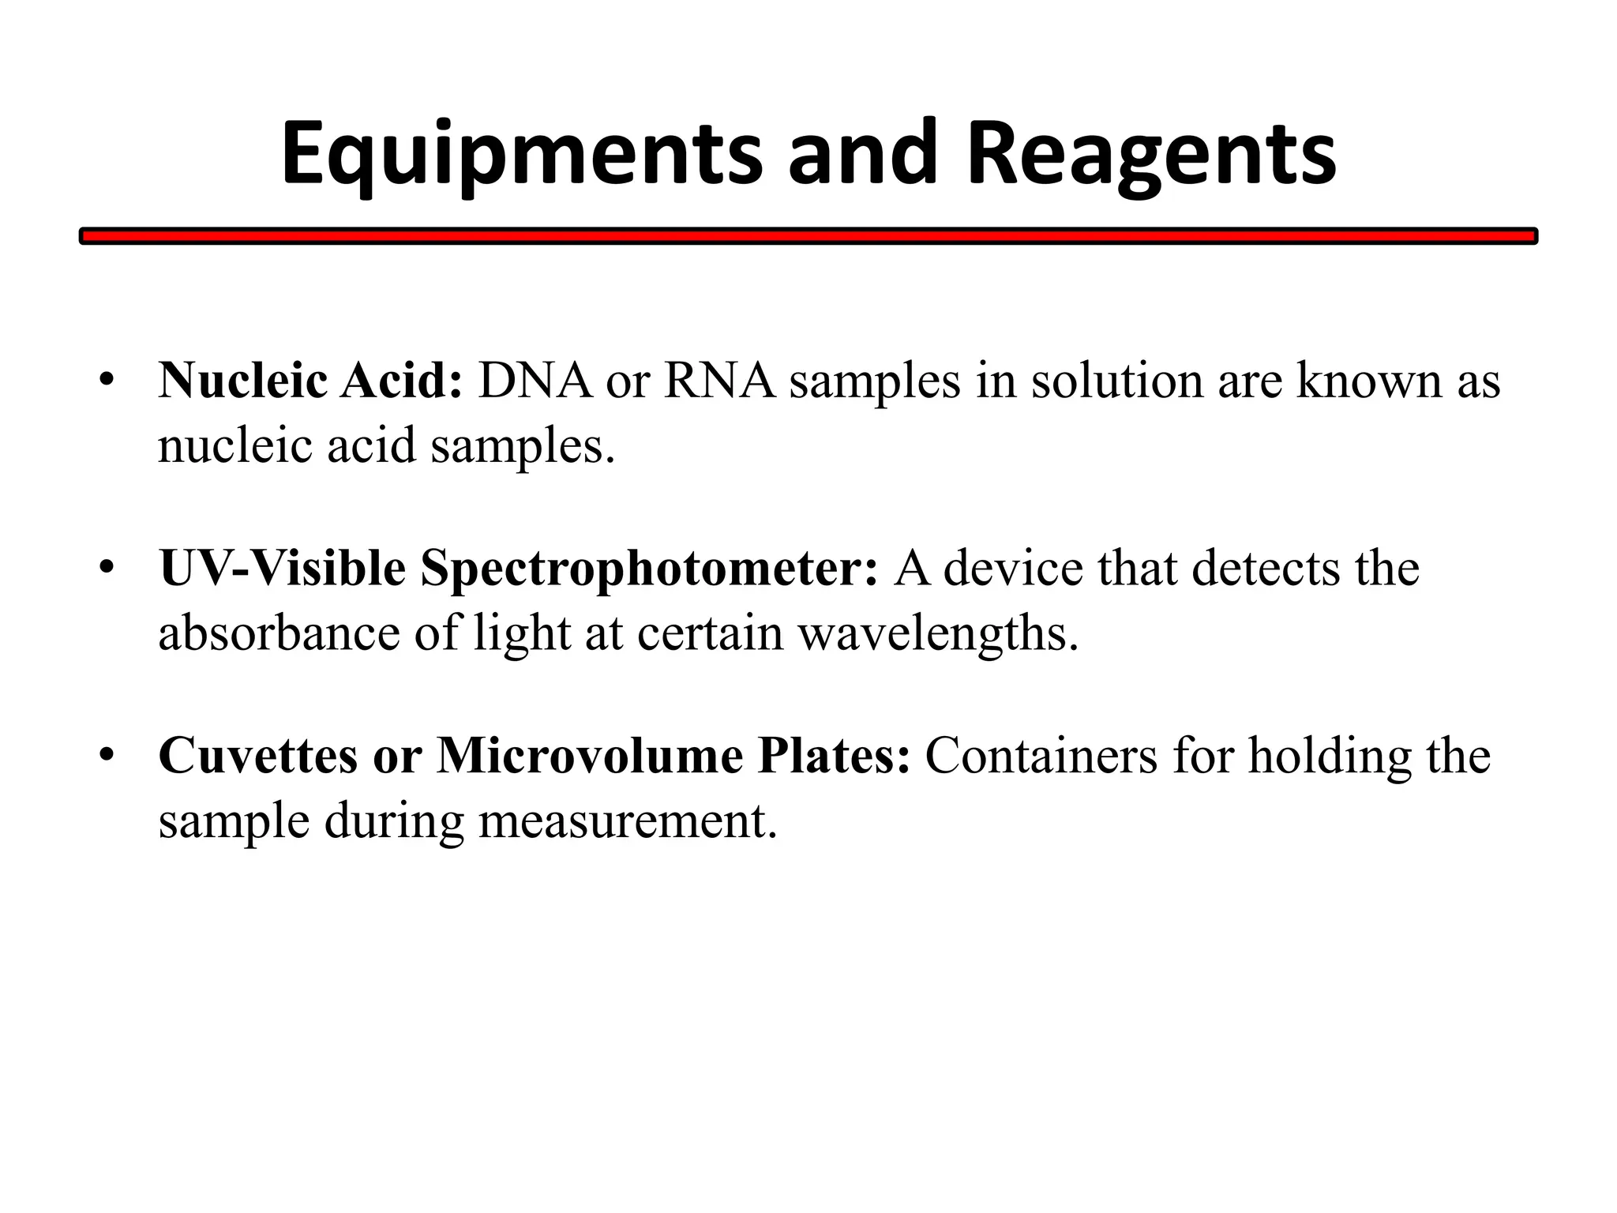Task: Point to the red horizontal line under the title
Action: [808, 236]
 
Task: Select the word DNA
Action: [535, 381]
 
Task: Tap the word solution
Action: [1116, 381]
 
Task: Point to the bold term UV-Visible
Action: [283, 568]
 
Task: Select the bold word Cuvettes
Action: [257, 756]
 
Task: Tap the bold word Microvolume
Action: [589, 756]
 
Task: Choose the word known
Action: [1369, 381]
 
